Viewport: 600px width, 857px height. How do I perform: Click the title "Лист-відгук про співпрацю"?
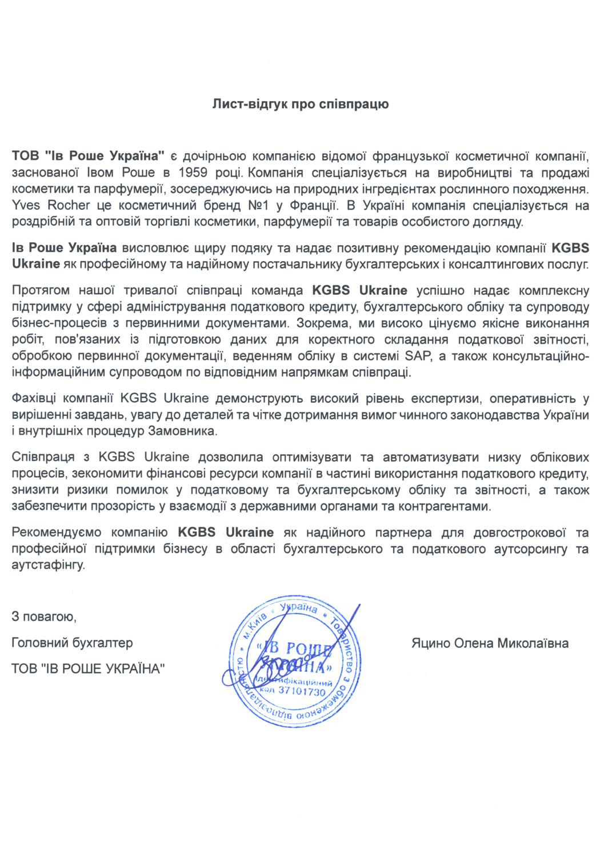(301, 104)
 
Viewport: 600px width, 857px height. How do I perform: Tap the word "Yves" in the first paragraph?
(26, 205)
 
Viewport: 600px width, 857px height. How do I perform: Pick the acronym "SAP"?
(418, 356)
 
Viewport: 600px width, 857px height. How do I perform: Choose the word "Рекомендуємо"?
(56, 532)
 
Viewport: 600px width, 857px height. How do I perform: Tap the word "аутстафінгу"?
(48, 565)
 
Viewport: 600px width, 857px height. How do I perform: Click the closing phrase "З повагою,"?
(44, 616)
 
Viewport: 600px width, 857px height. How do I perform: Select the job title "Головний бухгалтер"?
(72, 643)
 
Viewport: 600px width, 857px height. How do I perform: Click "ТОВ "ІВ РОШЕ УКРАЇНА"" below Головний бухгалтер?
(88, 668)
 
